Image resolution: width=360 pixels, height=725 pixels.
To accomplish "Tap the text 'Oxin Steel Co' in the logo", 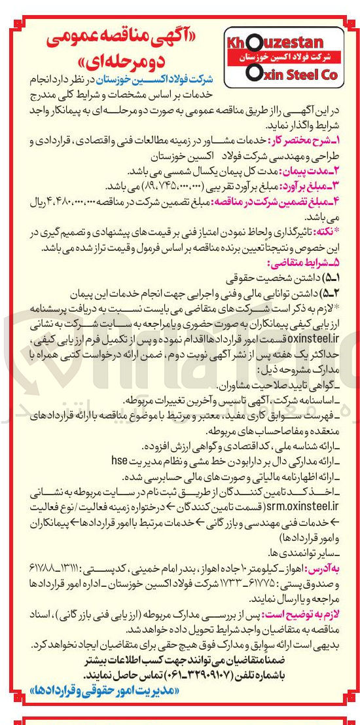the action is click(291, 74).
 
